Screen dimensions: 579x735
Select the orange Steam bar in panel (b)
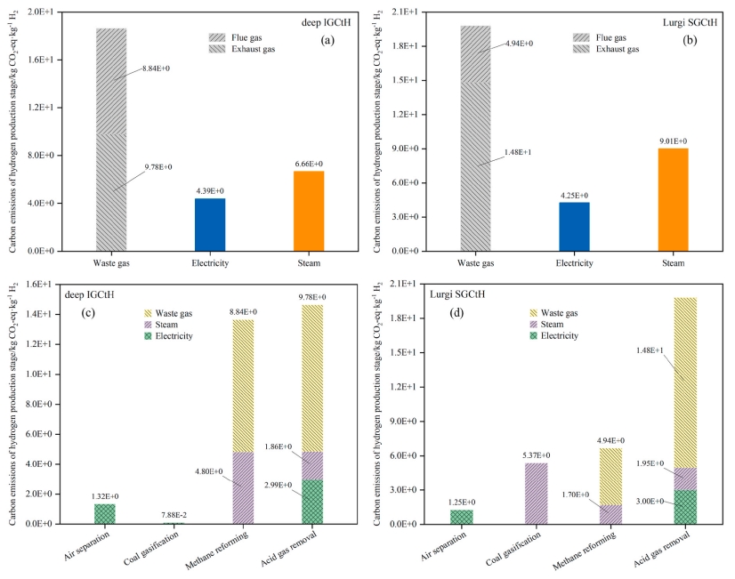(673, 199)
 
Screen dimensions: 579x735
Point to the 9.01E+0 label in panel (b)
(673, 141)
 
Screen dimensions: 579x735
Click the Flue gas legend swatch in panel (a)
(219, 37)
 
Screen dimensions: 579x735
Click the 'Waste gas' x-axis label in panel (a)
(111, 263)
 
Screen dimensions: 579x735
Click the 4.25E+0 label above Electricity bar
(576, 196)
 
